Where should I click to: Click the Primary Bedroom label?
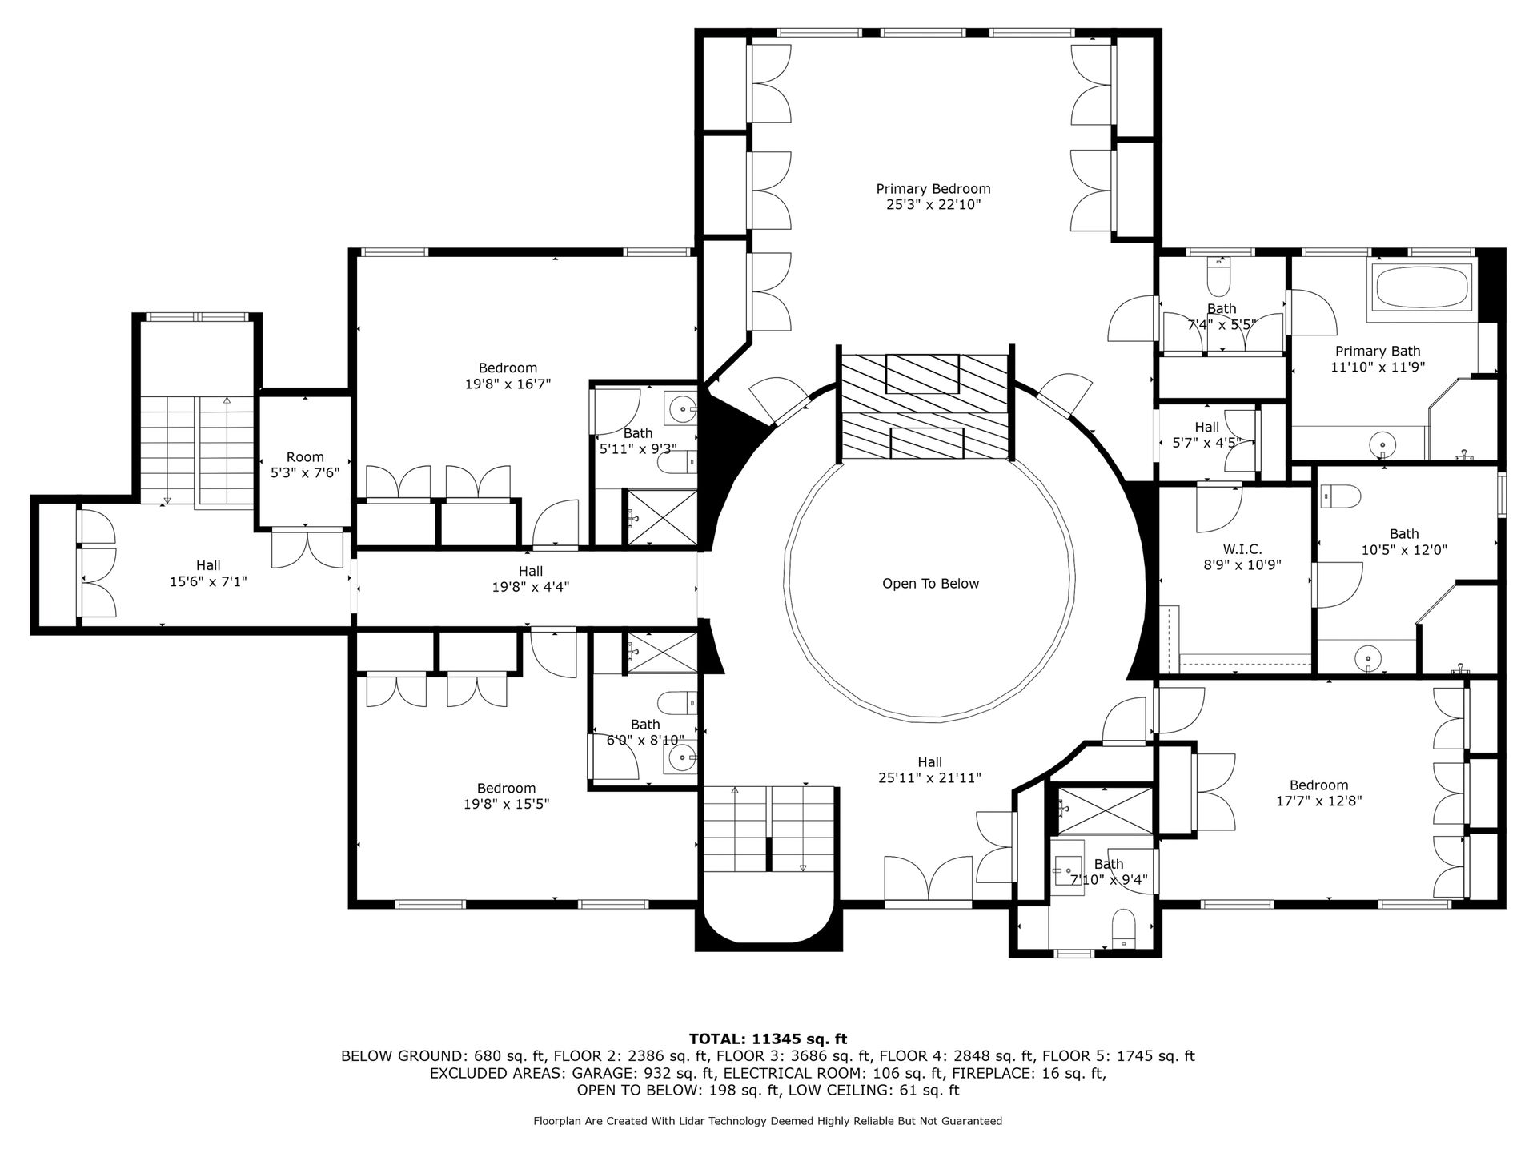(x=933, y=196)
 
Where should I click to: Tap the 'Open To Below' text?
(x=930, y=584)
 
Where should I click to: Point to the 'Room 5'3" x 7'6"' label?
(x=305, y=465)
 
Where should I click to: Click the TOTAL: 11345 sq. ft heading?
(x=768, y=1039)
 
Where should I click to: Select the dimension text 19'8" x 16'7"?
(x=508, y=384)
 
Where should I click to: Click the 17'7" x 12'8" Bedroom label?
(x=1318, y=793)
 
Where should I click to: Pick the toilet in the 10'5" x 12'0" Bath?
(x=1341, y=496)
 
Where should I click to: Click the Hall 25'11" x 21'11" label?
(x=929, y=770)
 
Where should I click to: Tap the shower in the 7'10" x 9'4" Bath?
(x=1105, y=810)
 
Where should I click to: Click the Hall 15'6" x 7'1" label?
(x=208, y=573)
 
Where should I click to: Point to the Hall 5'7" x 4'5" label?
(x=1206, y=434)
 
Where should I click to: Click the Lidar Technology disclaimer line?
(x=768, y=1121)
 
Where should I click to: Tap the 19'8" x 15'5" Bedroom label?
(x=506, y=796)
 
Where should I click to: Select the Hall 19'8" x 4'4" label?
(x=530, y=579)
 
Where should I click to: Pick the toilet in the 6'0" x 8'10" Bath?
(x=677, y=704)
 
